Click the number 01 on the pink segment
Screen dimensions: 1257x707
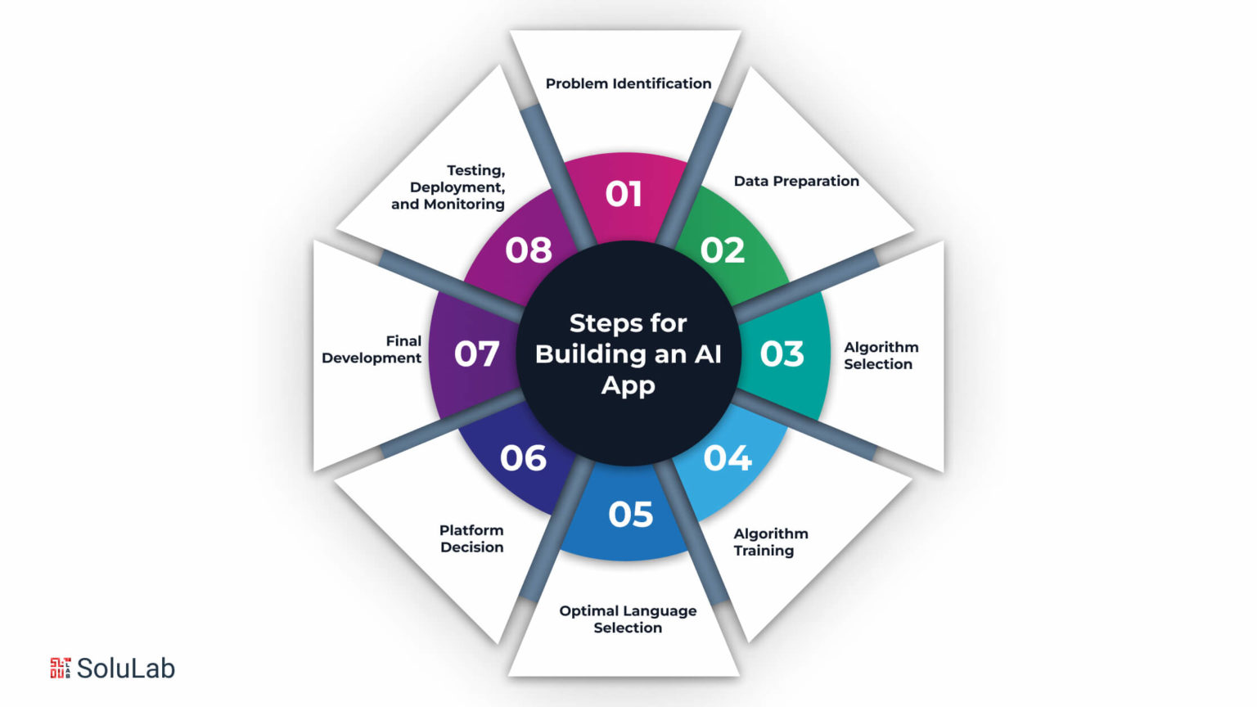click(x=624, y=194)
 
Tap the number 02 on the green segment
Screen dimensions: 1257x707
click(x=723, y=250)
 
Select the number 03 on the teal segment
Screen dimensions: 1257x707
click(x=782, y=354)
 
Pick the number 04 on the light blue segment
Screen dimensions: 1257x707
click(x=728, y=458)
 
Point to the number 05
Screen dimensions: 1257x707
click(x=631, y=515)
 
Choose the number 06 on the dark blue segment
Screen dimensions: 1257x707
click(x=523, y=458)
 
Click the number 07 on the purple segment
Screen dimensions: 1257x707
click(x=476, y=354)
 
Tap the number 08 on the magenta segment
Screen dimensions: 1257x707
click(x=529, y=250)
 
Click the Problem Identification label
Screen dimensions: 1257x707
click(x=628, y=83)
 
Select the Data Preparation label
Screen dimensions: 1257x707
click(x=796, y=181)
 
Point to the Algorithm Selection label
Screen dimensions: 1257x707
click(x=881, y=356)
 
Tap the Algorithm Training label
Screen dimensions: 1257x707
click(x=771, y=542)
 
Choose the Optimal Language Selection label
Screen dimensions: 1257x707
click(x=628, y=619)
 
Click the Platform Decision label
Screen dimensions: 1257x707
click(x=471, y=538)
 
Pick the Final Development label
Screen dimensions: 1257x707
click(x=372, y=349)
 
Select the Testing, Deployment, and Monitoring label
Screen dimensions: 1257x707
click(x=448, y=187)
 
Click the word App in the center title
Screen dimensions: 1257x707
click(x=628, y=386)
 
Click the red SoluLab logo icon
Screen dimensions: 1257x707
click(x=61, y=669)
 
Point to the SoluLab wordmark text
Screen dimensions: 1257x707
click(x=126, y=669)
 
